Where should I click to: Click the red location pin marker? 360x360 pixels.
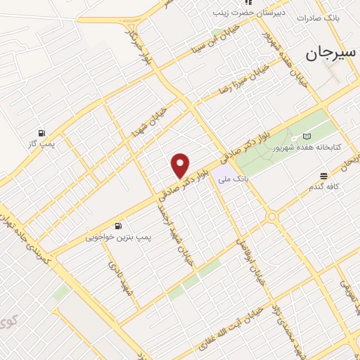pyautogui.click(x=181, y=165)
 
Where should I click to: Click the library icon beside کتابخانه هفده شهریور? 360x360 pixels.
pyautogui.click(x=305, y=136)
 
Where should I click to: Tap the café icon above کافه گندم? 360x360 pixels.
pyautogui.click(x=323, y=176)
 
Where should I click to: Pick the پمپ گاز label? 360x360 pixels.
pyautogui.click(x=41, y=144)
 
